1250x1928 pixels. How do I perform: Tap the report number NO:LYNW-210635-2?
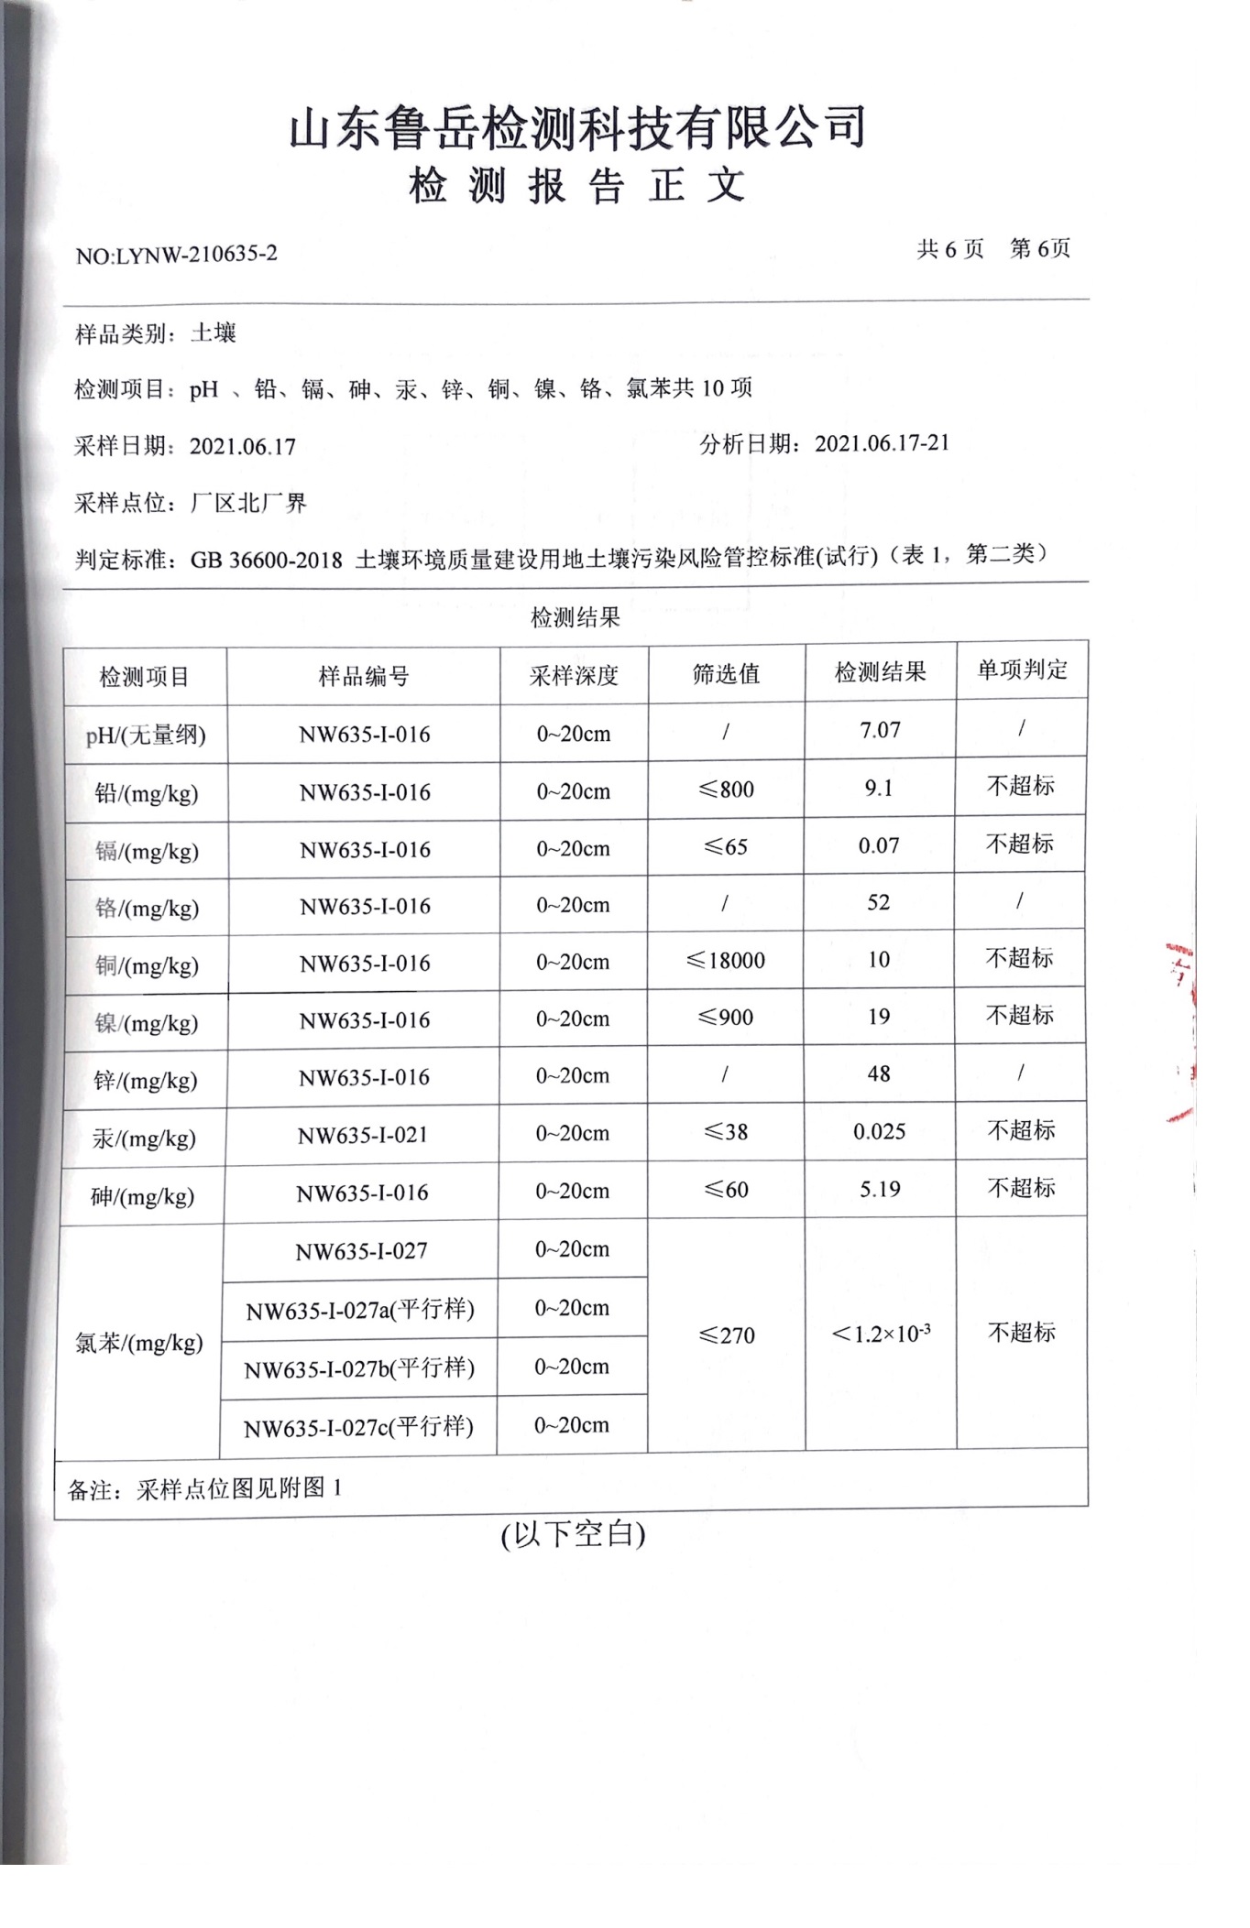[176, 255]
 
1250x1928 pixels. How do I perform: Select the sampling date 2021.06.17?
[242, 447]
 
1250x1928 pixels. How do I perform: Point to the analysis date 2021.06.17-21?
[882, 443]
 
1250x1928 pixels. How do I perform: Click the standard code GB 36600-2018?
[266, 560]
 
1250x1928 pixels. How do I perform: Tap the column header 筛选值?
[726, 674]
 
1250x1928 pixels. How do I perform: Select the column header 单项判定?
[1022, 670]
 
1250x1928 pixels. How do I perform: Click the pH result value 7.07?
[880, 730]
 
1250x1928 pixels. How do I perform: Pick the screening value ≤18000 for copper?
[725, 960]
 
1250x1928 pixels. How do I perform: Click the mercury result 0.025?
[879, 1131]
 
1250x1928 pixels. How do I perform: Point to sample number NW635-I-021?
[363, 1135]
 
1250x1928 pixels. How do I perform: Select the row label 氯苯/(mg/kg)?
[138, 1343]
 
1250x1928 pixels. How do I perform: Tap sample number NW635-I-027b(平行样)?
[359, 1368]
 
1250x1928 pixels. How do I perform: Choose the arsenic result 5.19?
[880, 1189]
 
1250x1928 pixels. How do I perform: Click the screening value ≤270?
[726, 1335]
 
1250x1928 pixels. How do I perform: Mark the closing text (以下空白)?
[573, 1533]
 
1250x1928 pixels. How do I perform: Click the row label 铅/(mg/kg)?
[146, 793]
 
